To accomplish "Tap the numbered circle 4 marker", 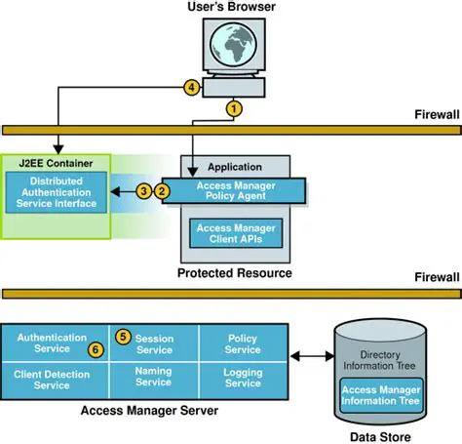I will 193,86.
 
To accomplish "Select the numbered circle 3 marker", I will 145,190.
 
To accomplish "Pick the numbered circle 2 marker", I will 163,190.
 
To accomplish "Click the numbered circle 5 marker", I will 123,337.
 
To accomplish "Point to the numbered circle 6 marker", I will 95,348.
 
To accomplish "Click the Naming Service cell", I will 153,379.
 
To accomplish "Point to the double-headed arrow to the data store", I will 310,359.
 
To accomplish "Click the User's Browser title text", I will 230,9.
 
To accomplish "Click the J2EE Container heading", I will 50,161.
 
